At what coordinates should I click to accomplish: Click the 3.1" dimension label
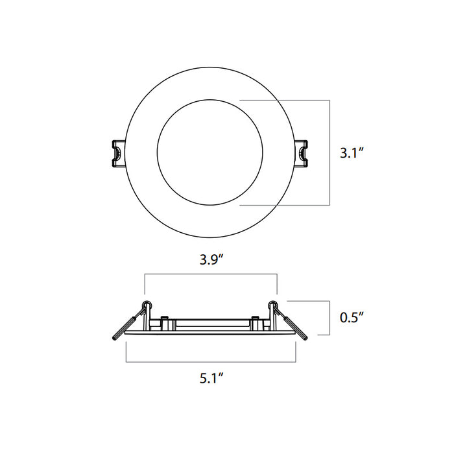(353, 154)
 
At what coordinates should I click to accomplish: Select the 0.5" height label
(352, 318)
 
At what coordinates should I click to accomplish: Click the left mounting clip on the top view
(117, 153)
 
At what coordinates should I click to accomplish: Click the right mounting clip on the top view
(303, 153)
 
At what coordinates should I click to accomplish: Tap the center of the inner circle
(210, 152)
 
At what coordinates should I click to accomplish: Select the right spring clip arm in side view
(296, 326)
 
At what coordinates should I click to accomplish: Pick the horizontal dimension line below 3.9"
(211, 275)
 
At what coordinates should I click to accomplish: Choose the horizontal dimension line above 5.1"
(211, 361)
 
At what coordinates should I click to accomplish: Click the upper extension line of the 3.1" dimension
(285, 100)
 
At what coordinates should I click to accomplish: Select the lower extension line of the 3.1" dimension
(285, 205)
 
